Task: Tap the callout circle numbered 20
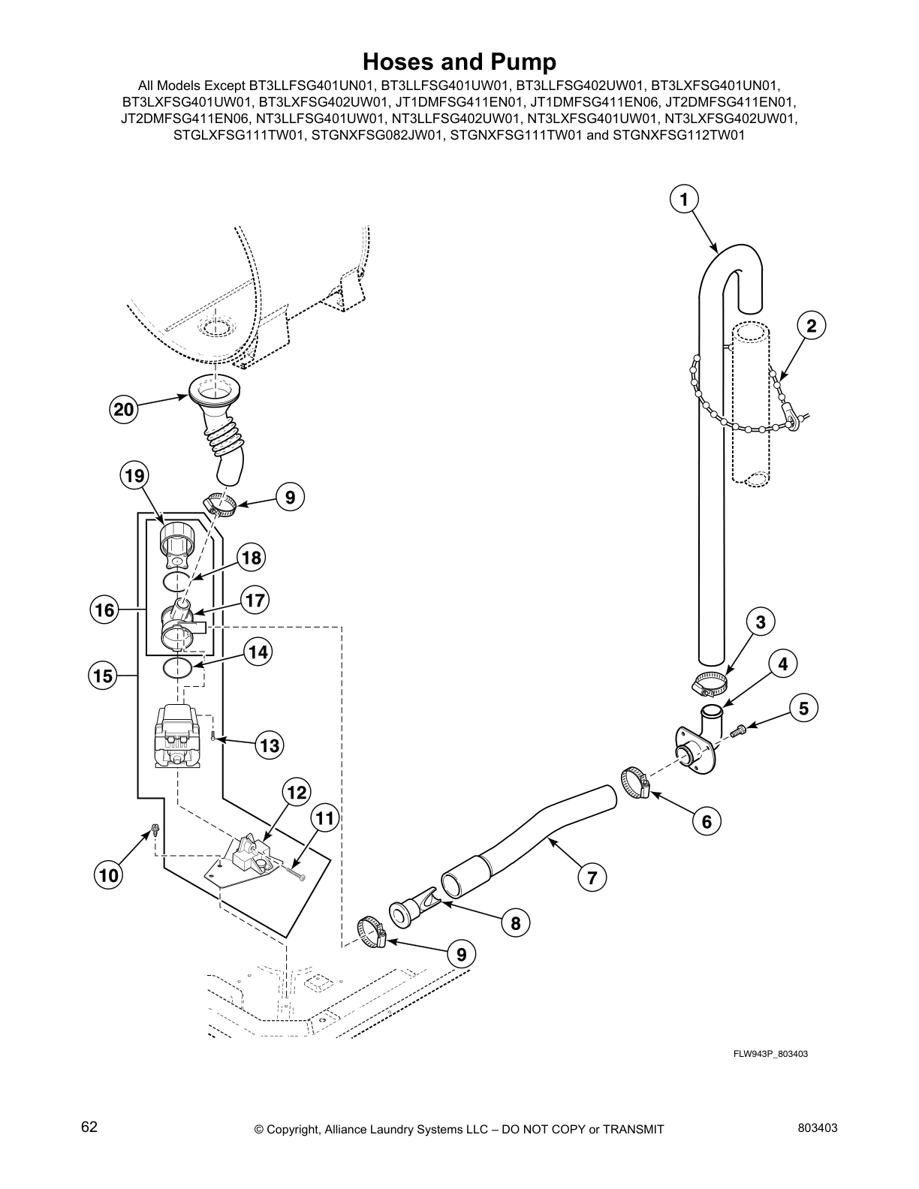pos(124,410)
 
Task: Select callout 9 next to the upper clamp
pos(290,496)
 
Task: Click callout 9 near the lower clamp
pos(461,954)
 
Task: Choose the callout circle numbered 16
pos(105,610)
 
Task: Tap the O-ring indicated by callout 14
pos(178,668)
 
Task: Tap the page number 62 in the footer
pos(89,1127)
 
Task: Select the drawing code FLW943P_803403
pos(770,1054)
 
